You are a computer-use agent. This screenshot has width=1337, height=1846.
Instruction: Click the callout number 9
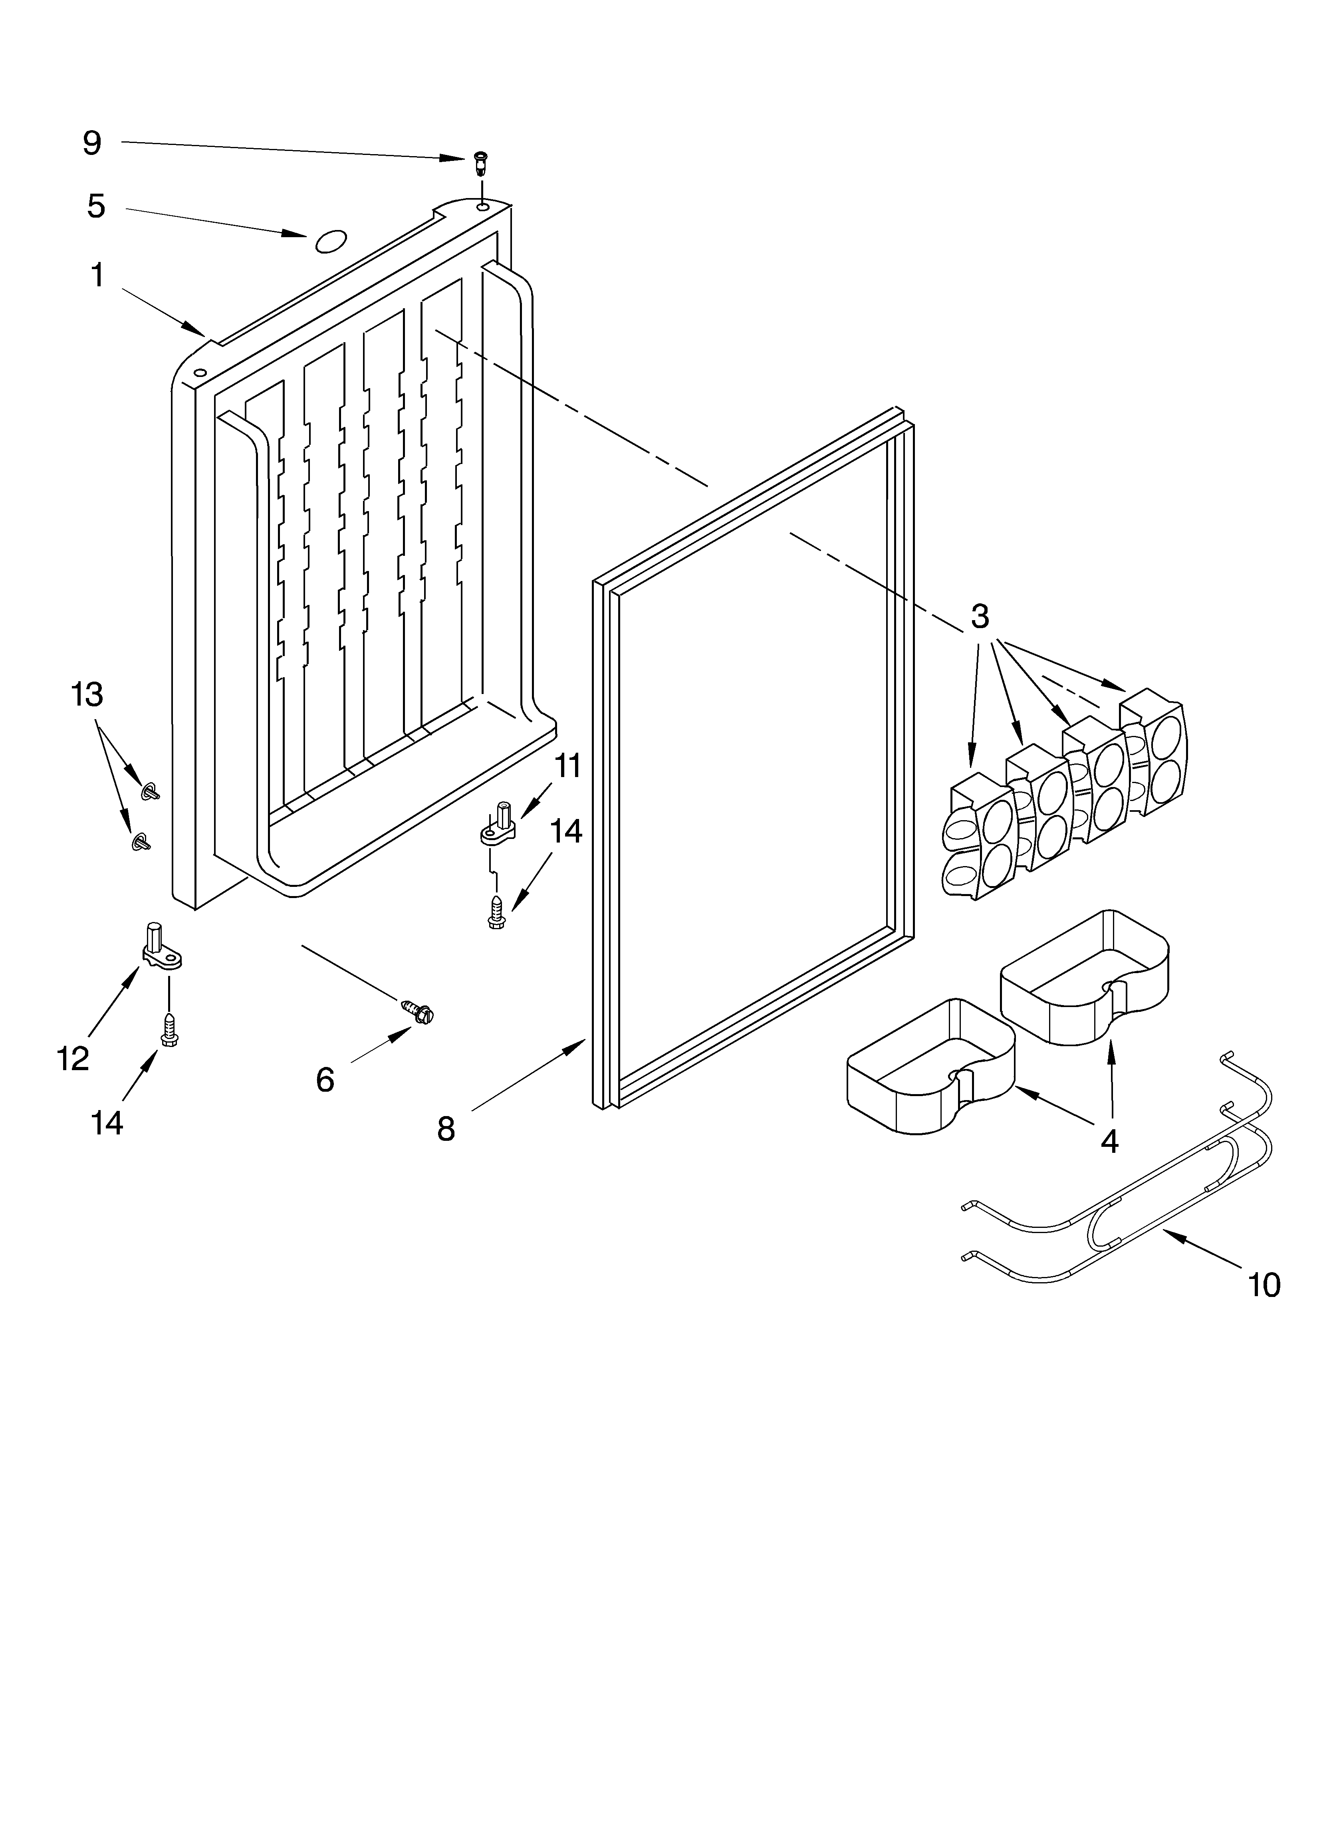point(92,143)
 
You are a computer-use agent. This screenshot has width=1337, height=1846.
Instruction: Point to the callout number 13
point(87,694)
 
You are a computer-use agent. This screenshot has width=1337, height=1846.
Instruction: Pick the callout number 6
point(325,1080)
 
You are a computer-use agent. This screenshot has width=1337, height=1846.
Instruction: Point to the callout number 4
point(1109,1142)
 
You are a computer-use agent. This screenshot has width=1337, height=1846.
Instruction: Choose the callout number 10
point(1264,1285)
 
